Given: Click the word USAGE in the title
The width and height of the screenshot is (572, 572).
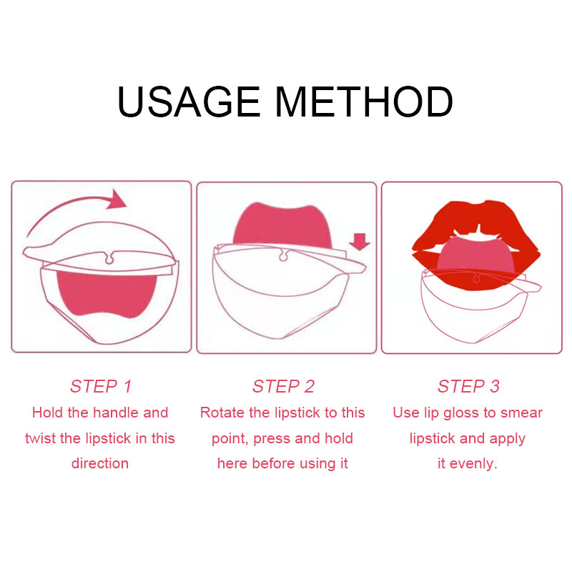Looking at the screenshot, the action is [x=188, y=102].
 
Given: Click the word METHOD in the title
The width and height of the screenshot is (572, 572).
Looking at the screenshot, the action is [x=364, y=102].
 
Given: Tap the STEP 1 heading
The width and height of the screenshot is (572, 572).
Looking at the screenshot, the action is [x=101, y=386].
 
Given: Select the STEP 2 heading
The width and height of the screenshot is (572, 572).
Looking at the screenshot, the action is [x=283, y=386].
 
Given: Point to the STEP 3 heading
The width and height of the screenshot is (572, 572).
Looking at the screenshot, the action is [x=468, y=386].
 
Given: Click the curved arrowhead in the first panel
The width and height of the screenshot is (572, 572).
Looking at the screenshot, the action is [x=117, y=200].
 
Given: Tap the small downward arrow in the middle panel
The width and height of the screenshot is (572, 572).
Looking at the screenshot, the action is [x=360, y=242].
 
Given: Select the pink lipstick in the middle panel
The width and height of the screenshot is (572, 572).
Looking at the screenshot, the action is [x=282, y=225].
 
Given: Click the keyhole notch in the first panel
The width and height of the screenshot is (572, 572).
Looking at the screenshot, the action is [x=109, y=258].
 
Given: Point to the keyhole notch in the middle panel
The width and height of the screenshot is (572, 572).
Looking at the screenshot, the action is [x=283, y=255].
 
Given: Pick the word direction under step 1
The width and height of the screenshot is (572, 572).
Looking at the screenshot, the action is [x=100, y=463].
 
